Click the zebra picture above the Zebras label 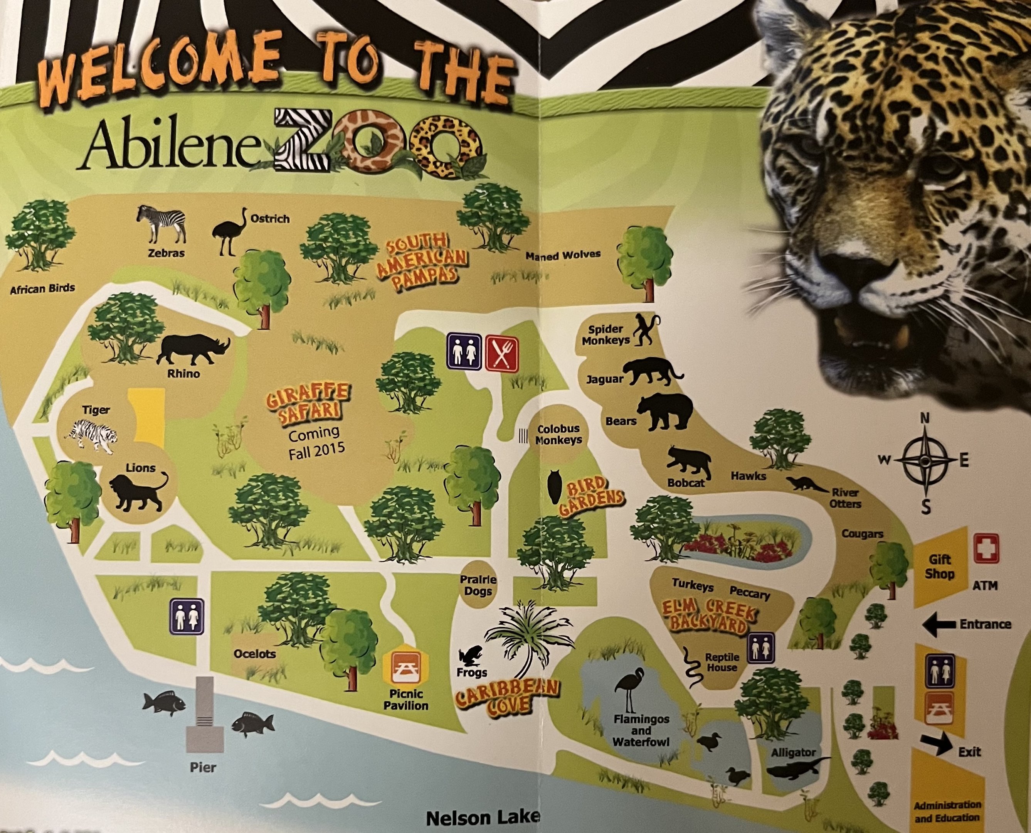pyautogui.click(x=161, y=223)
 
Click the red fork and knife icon pyautogui.click(x=501, y=353)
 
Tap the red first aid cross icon pyautogui.click(x=986, y=548)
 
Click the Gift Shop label pyautogui.click(x=940, y=567)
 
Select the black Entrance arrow pyautogui.click(x=939, y=625)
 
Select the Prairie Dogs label pyautogui.click(x=478, y=585)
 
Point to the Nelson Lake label pyautogui.click(x=483, y=817)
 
